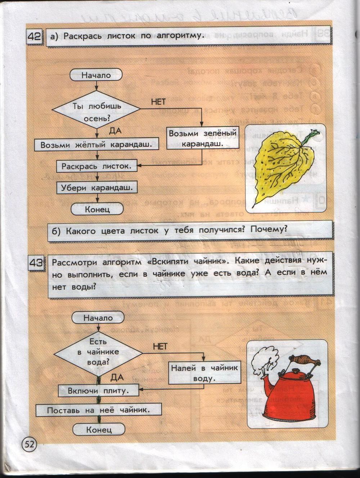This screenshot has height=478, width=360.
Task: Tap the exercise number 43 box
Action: coord(36,264)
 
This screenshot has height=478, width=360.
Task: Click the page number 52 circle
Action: coord(29,444)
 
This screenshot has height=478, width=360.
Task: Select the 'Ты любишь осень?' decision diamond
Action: coord(96,112)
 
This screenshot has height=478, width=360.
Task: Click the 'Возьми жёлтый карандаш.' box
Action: coord(96,145)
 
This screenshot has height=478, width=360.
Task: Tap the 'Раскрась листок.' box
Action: coord(96,166)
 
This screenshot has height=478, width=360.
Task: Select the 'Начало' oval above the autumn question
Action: coord(96,75)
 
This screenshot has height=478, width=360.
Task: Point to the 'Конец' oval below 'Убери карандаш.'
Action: coord(97,209)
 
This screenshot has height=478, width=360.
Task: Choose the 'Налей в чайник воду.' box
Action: coord(204,373)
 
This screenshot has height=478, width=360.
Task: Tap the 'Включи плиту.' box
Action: coord(99,391)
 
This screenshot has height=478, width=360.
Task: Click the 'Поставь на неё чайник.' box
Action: coord(98,410)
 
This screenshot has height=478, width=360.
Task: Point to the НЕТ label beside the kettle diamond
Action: coord(160,346)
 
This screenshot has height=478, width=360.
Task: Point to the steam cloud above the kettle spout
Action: coord(265,358)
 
